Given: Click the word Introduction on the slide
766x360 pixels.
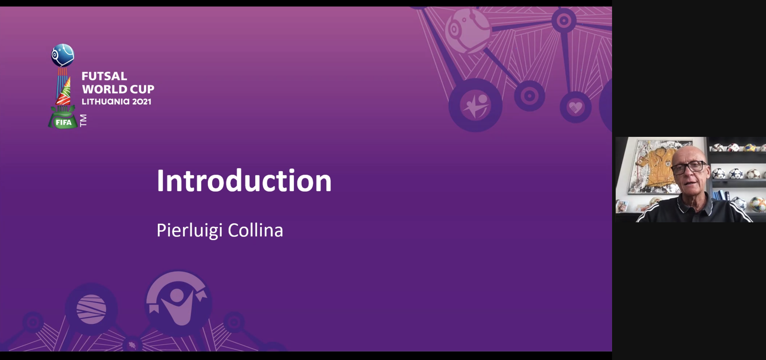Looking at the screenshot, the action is (244, 180).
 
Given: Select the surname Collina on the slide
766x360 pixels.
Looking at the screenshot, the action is (255, 230).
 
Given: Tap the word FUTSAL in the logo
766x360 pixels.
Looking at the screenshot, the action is (104, 76).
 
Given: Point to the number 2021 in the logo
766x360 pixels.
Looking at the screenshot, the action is (142, 102).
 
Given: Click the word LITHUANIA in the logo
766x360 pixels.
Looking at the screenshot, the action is (106, 102).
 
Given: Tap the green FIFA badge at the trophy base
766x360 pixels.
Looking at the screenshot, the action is (63, 122).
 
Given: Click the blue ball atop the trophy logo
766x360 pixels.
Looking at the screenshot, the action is (63, 55).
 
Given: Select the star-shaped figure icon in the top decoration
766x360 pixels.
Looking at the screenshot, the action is (475, 105).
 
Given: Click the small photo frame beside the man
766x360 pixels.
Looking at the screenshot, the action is (622, 206).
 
